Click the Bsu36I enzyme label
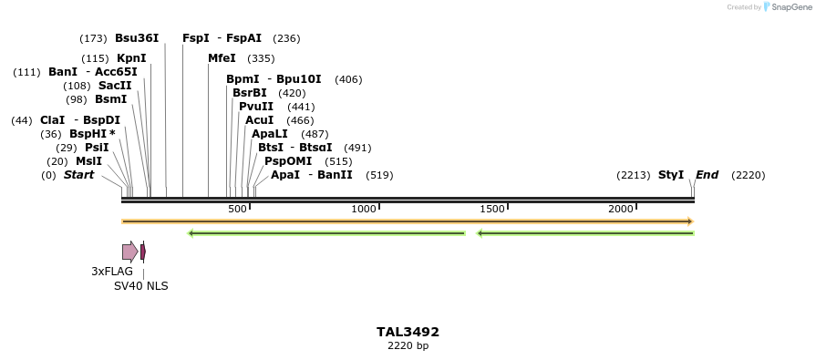pyautogui.click(x=137, y=38)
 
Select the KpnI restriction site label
pyautogui.click(x=131, y=58)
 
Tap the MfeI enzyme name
pyautogui.click(x=222, y=58)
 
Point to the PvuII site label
pyautogui.click(x=256, y=107)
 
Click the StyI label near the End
pyautogui.click(x=671, y=175)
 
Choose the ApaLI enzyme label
pyautogui.click(x=270, y=134)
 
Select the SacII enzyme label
pyautogui.click(x=115, y=86)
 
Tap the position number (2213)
pyautogui.click(x=634, y=175)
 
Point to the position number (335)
pyautogui.click(x=261, y=58)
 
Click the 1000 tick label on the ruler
pyautogui.click(x=364, y=210)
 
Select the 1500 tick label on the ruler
pyautogui.click(x=492, y=210)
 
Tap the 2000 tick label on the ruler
pyautogui.click(x=621, y=210)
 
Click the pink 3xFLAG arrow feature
pyautogui.click(x=130, y=252)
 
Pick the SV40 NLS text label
pyautogui.click(x=140, y=285)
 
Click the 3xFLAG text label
pyautogui.click(x=112, y=272)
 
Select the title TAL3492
pyautogui.click(x=408, y=332)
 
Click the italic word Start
pyautogui.click(x=78, y=175)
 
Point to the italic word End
pyautogui.click(x=707, y=175)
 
